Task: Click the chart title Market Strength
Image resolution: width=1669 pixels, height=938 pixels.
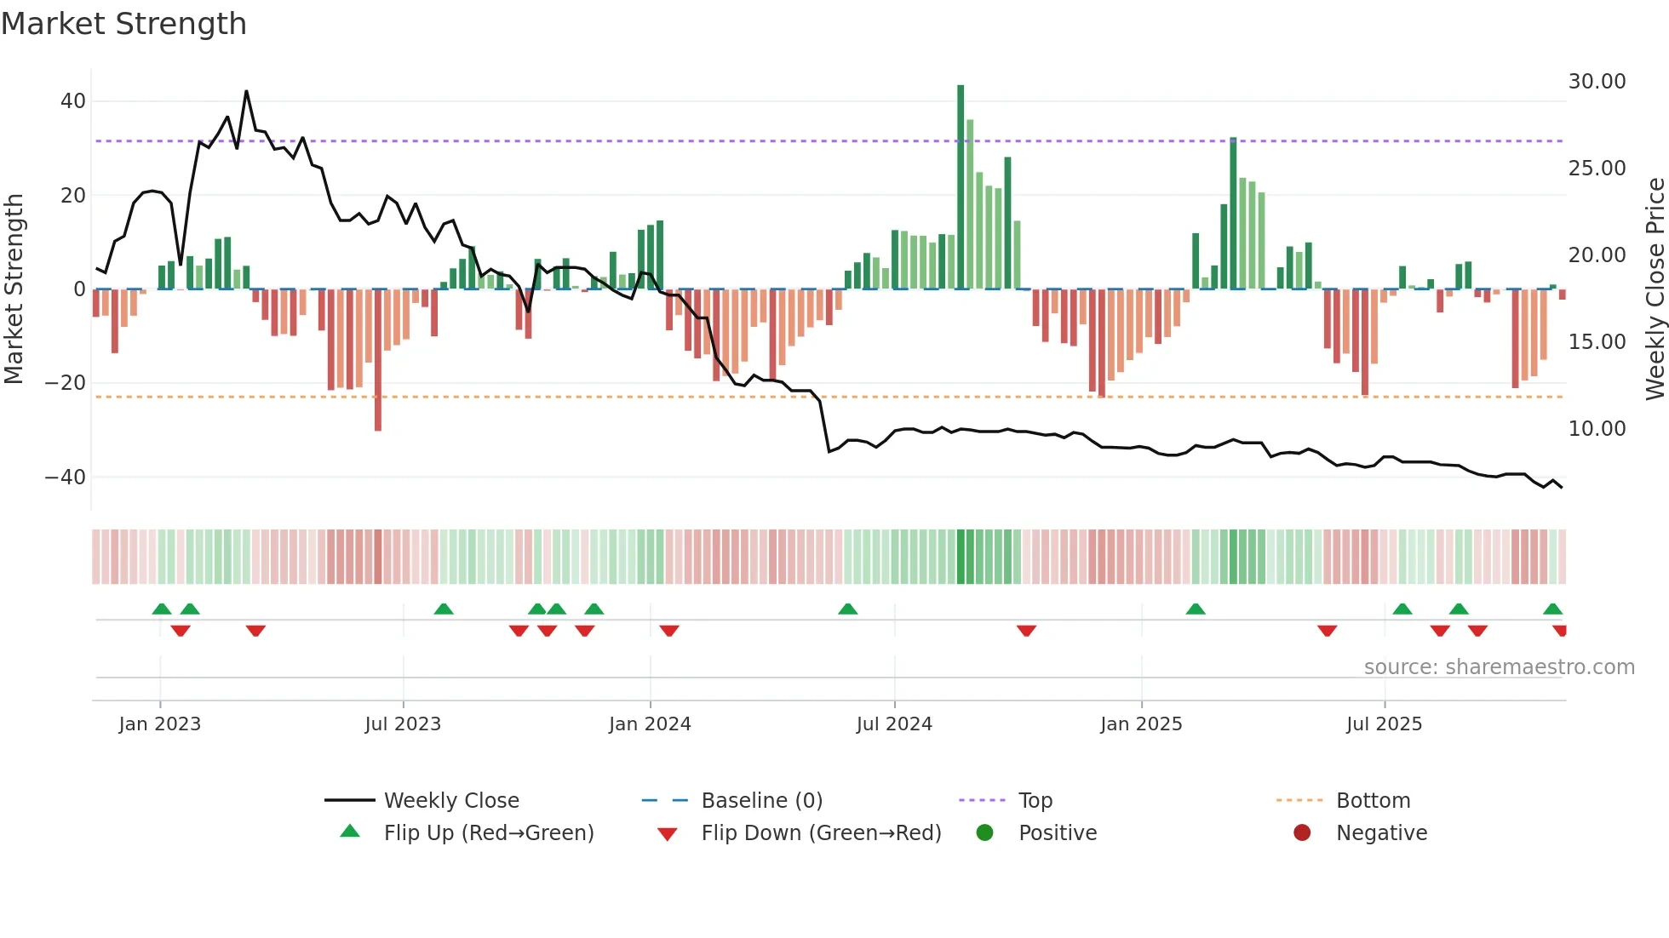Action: (x=123, y=24)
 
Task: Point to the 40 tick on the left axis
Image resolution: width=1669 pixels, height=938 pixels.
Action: (x=72, y=101)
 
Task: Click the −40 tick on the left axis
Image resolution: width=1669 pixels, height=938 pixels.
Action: (x=66, y=478)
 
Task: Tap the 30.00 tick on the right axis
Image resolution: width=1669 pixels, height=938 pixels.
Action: (x=1597, y=82)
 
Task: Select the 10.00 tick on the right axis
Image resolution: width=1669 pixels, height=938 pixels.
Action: (x=1597, y=429)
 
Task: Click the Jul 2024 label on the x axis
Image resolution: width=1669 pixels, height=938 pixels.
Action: (x=894, y=724)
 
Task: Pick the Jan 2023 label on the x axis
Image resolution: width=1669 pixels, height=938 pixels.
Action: (x=160, y=724)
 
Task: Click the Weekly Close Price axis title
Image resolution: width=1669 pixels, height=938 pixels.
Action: (x=1655, y=289)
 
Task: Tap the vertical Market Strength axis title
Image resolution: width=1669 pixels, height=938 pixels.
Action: (x=14, y=289)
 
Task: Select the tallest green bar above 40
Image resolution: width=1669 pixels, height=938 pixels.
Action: (x=961, y=187)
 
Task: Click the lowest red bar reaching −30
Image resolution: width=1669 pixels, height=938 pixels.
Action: (x=378, y=362)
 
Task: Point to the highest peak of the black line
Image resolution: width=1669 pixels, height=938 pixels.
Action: (x=246, y=92)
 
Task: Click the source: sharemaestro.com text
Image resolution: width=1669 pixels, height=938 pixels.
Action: (x=1499, y=667)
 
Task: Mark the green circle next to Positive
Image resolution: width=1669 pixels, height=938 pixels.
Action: (x=985, y=833)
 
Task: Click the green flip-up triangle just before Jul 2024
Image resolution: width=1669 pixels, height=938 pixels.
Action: (x=847, y=609)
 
